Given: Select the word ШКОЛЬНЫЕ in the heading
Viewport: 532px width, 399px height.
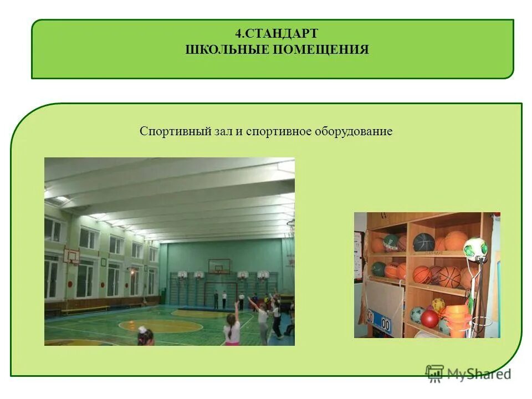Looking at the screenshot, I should point(226,50).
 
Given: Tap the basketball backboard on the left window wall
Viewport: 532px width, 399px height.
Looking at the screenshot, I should point(71,255).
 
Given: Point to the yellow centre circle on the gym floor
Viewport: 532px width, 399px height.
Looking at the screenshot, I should point(161,325).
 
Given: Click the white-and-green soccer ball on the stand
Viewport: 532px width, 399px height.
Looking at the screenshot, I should point(475,248).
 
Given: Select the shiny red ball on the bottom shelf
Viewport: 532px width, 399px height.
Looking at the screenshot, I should point(429,319).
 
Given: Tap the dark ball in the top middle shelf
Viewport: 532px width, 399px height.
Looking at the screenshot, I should point(423,242).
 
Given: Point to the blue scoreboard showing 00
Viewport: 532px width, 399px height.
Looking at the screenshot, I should point(379,320).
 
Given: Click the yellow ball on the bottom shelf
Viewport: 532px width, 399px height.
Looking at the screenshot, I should point(438,305).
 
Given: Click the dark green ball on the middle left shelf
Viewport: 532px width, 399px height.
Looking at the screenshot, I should point(378,269).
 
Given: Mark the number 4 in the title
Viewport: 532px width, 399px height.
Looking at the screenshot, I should point(238,34).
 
